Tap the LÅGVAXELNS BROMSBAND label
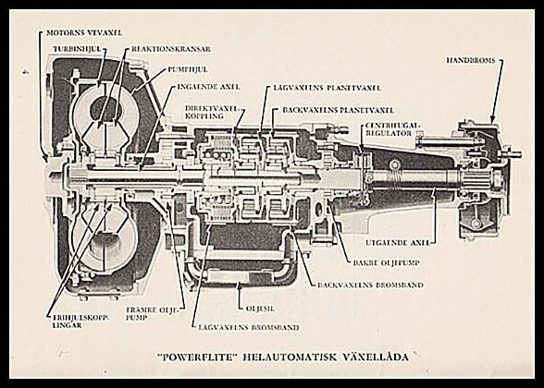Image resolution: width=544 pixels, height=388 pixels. (x=236, y=326)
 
